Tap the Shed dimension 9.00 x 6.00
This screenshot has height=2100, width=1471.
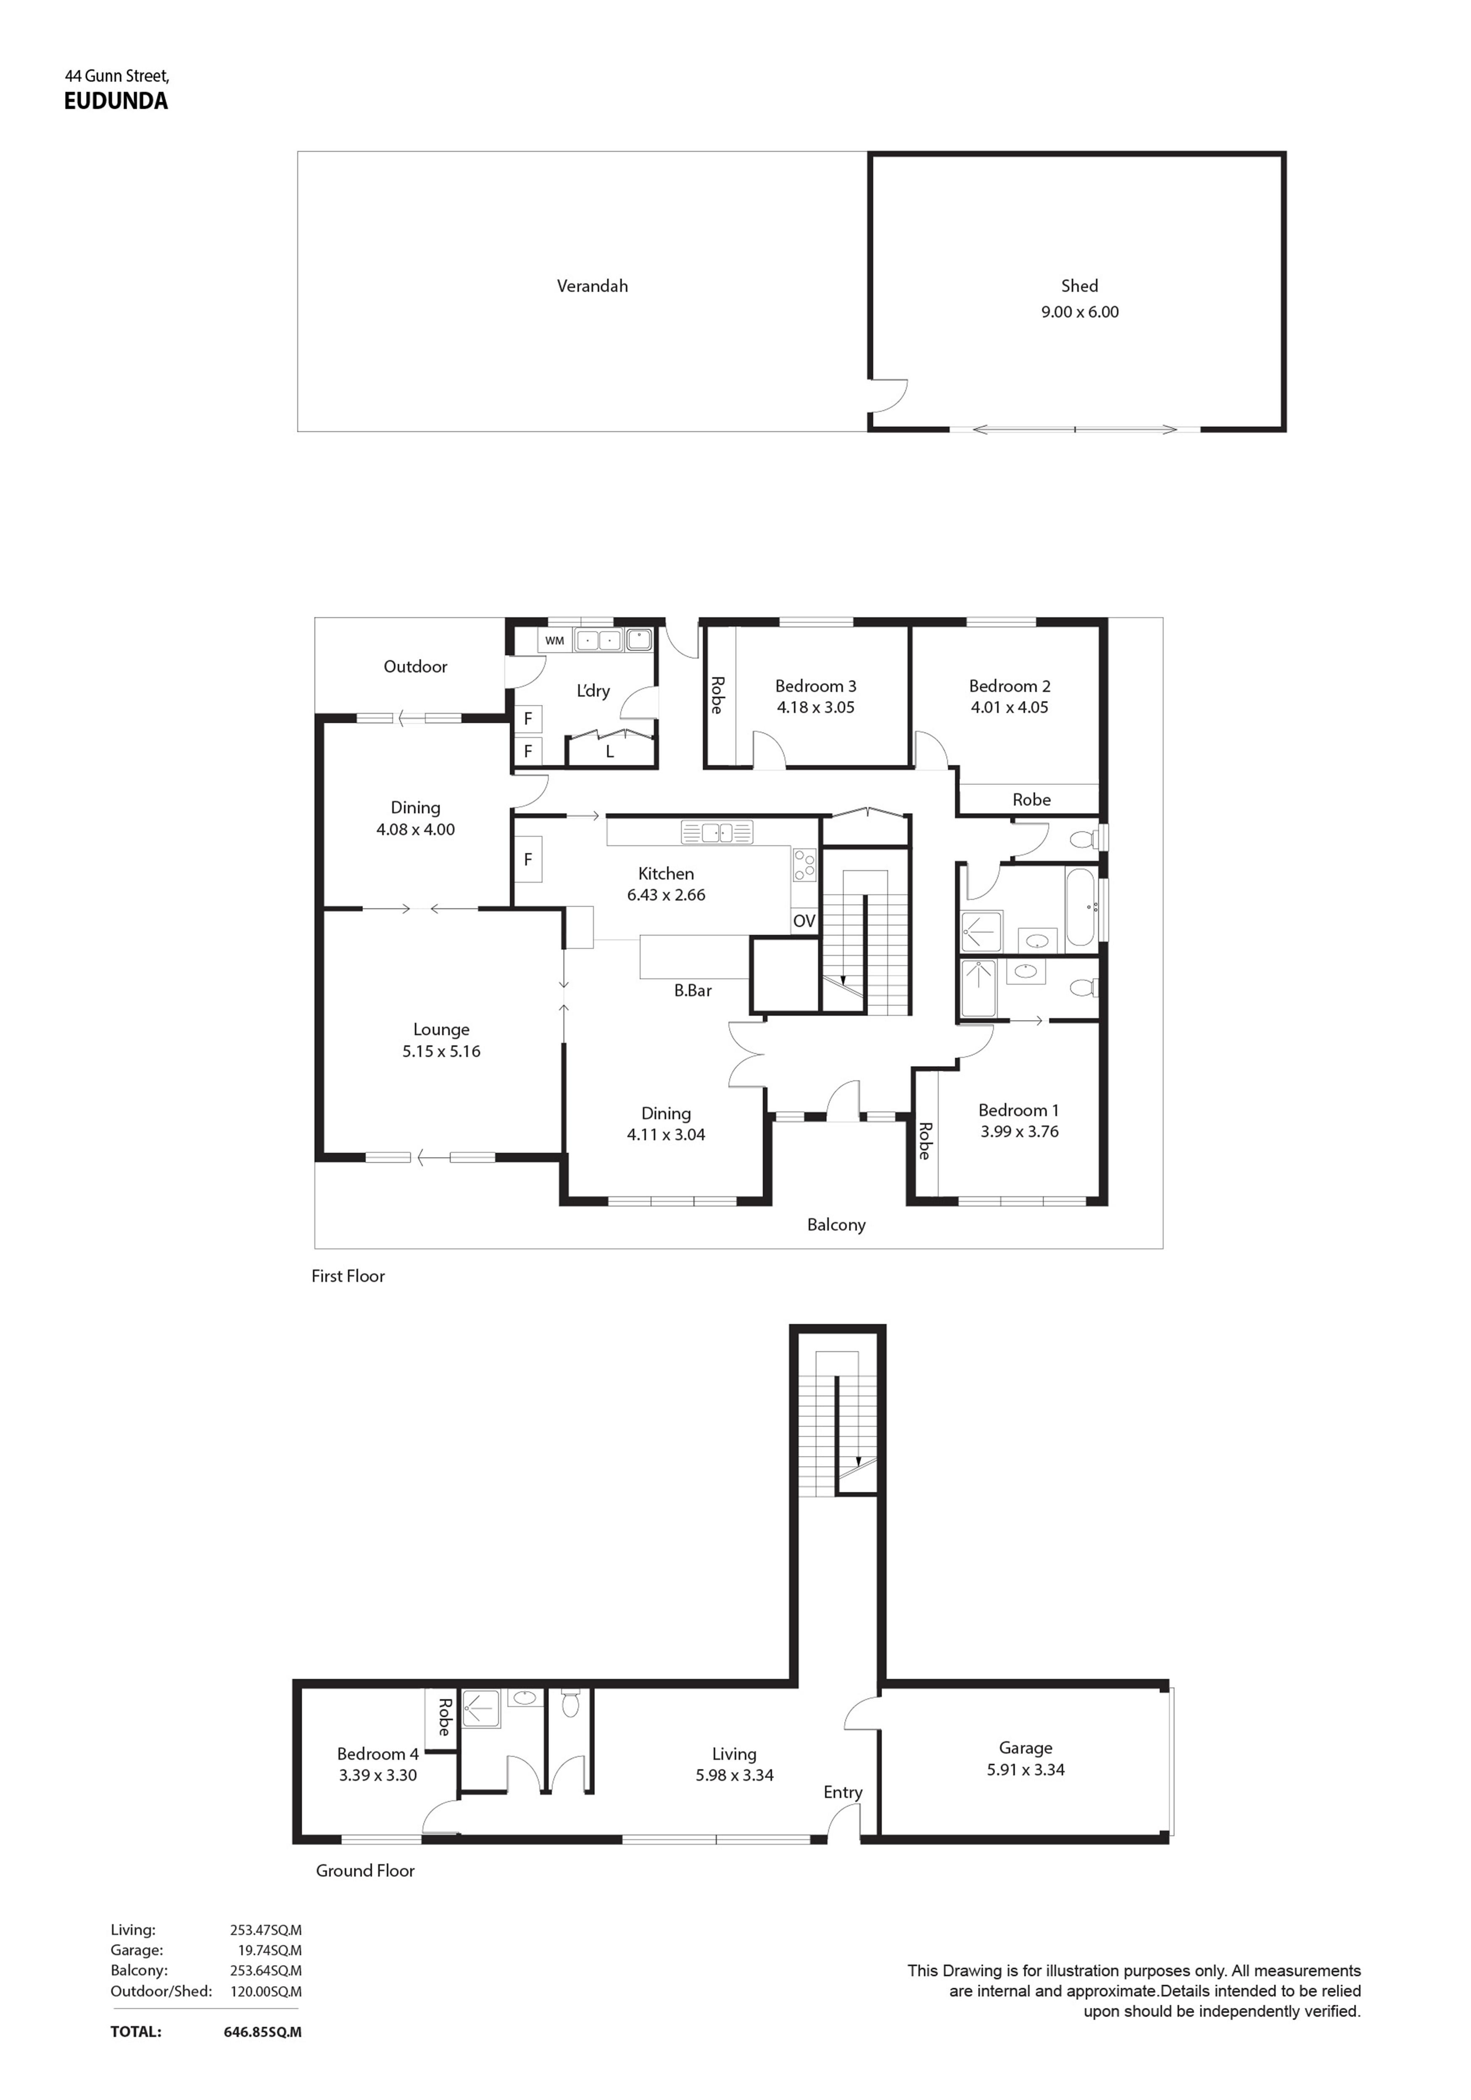point(1079,312)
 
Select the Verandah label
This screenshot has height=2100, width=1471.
point(592,286)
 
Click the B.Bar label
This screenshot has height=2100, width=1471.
point(693,991)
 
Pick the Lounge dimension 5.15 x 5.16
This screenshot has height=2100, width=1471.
point(441,1052)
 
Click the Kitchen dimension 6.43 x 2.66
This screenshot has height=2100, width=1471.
point(666,895)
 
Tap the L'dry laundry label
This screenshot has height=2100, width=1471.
point(593,691)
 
